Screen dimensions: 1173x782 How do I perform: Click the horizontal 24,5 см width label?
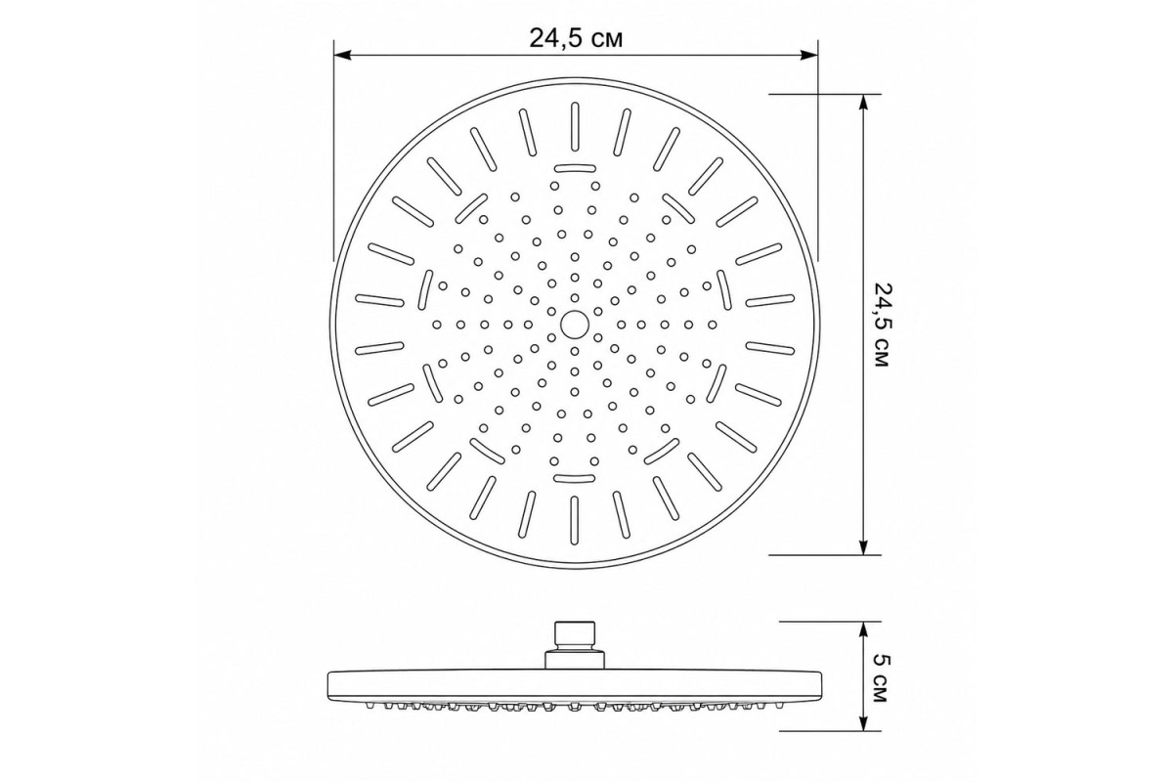(576, 38)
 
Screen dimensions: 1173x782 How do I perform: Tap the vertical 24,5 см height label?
(883, 326)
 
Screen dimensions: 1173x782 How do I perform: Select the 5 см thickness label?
(883, 677)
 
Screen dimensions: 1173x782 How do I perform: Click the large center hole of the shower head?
(575, 325)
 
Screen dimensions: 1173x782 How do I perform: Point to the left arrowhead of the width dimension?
(342, 55)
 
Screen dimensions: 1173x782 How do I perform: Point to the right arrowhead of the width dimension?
(809, 55)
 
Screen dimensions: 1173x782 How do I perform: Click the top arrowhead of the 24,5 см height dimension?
(863, 104)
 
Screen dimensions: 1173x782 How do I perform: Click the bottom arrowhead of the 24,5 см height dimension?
(863, 545)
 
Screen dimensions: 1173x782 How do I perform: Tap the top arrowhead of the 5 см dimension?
(863, 630)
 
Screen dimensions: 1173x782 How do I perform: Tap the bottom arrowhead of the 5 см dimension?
(863, 721)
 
